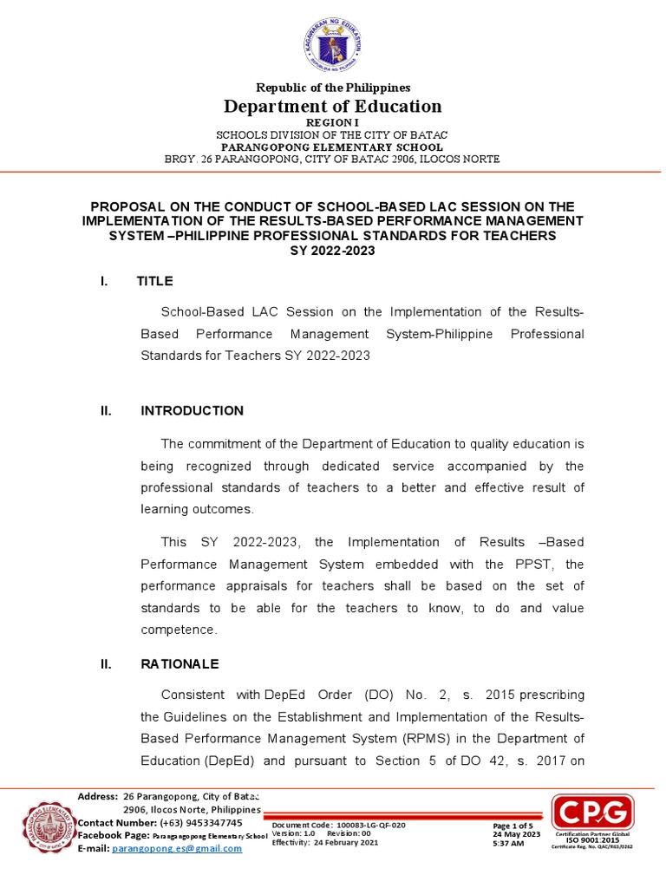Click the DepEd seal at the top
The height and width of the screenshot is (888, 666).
tap(332, 45)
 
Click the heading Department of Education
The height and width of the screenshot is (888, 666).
tap(333, 107)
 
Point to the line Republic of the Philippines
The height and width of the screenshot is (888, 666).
tap(332, 88)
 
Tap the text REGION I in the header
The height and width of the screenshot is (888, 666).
tap(332, 124)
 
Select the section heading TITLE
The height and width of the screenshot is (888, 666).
tap(155, 281)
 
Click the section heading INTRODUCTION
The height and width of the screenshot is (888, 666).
tap(192, 411)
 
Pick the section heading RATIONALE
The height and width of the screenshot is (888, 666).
tap(180, 664)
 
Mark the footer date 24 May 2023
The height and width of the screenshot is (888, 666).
tap(516, 834)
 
